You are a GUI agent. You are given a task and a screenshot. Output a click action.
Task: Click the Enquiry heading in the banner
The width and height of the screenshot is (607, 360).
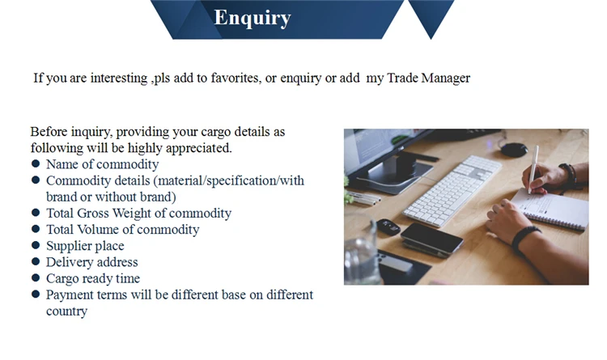click(x=252, y=18)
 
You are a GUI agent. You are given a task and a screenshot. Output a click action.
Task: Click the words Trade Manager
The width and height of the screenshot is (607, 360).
click(x=428, y=78)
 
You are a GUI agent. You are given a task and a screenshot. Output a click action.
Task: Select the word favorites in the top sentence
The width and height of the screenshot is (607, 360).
click(x=236, y=78)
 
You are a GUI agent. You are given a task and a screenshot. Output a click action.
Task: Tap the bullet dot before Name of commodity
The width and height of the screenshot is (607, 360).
click(x=36, y=163)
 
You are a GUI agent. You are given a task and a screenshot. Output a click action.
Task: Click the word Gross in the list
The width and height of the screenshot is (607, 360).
click(x=93, y=214)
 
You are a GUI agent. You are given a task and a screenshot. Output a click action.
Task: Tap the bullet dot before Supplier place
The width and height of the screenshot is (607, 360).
click(x=36, y=245)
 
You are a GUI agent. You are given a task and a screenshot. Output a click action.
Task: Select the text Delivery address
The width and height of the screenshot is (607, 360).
click(x=91, y=262)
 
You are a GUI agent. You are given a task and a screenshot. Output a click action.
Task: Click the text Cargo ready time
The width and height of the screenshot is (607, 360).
click(x=93, y=278)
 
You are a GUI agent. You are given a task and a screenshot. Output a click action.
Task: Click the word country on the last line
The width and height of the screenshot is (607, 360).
click(x=66, y=311)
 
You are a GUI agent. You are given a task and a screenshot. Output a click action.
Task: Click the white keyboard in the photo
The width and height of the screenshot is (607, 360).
click(x=452, y=191)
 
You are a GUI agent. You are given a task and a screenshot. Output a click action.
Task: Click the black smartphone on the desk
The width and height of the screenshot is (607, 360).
click(x=431, y=238)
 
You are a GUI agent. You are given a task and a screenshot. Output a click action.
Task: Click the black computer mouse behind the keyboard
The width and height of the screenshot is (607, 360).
click(x=514, y=149)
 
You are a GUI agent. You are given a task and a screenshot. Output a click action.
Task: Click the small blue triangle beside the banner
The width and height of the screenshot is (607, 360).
click(x=431, y=19)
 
